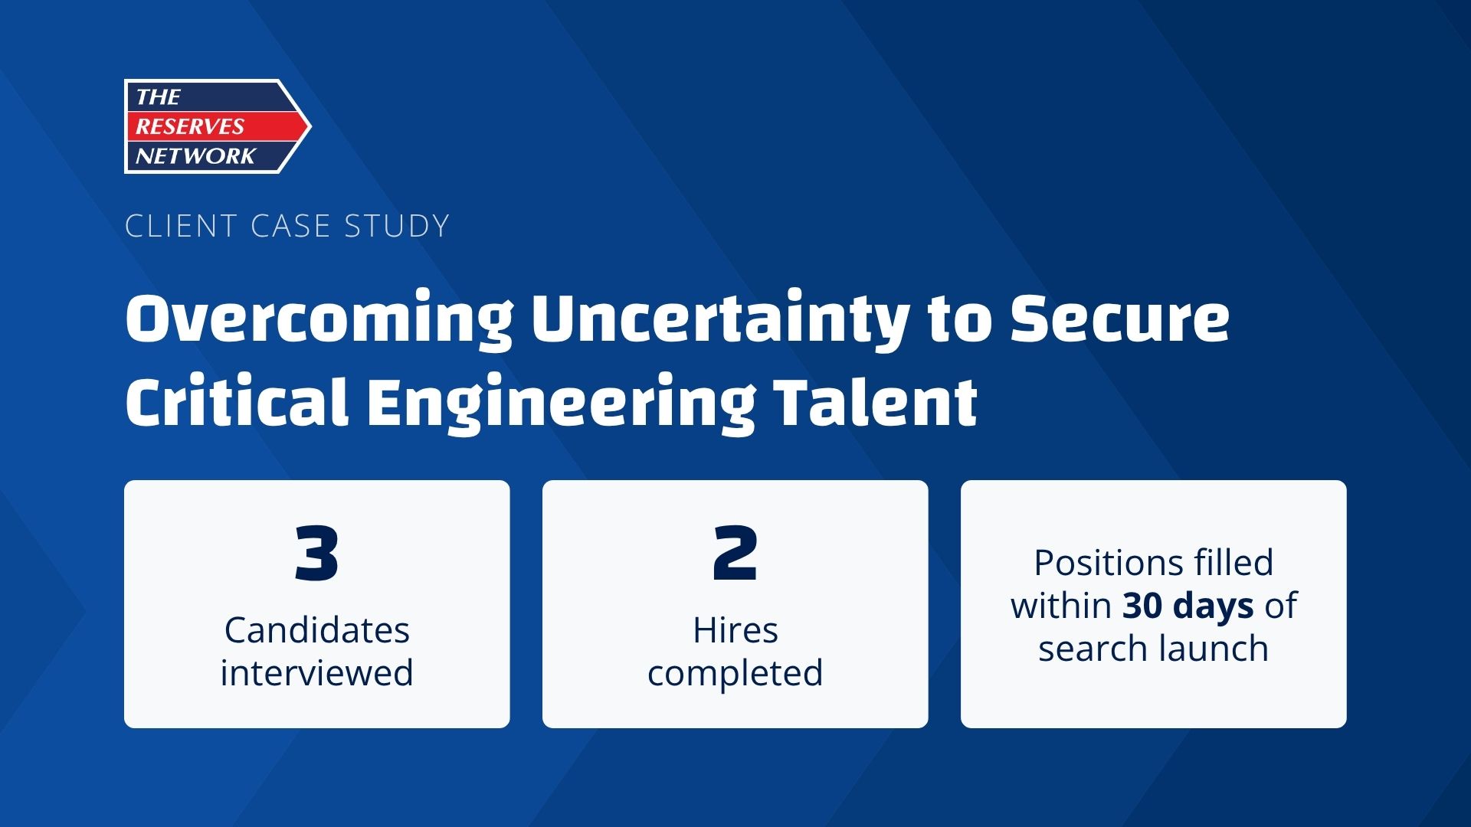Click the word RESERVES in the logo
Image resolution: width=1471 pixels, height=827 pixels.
189,126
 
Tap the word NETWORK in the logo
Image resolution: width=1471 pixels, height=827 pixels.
195,156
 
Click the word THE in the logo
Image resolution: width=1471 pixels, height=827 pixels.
158,97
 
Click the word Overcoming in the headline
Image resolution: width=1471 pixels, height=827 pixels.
319,319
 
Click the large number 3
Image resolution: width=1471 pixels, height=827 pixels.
316,553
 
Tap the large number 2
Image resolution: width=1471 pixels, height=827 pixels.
735,553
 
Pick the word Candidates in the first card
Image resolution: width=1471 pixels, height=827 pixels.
317,630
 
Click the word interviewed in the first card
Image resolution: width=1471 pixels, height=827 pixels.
316,673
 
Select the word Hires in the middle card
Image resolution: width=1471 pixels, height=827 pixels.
735,630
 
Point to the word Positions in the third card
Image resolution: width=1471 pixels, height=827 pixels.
1093,563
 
